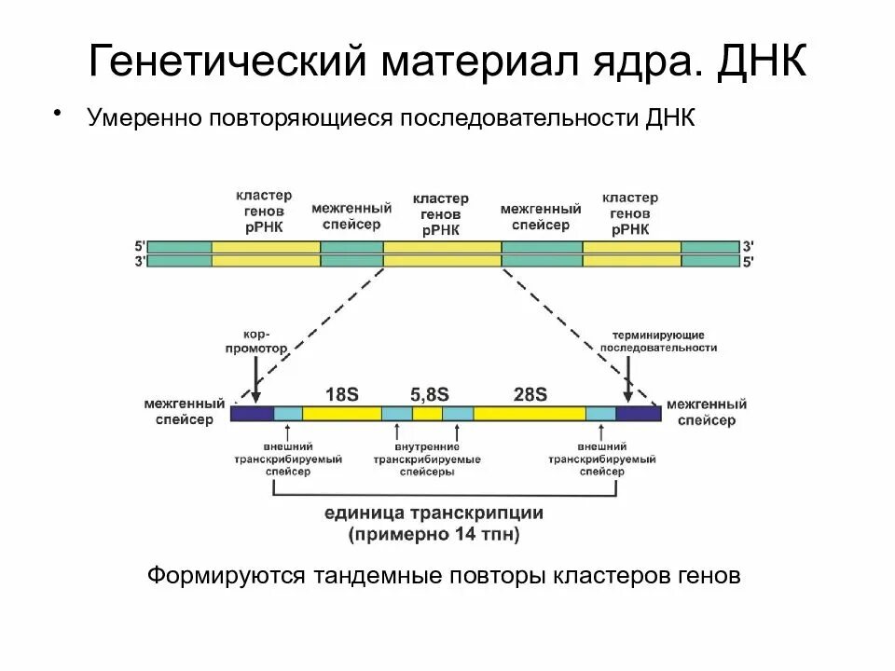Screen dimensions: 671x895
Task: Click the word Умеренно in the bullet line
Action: pyautogui.click(x=144, y=120)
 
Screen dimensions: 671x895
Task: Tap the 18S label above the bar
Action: pyautogui.click(x=341, y=393)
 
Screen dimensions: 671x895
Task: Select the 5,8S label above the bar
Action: pyautogui.click(x=430, y=393)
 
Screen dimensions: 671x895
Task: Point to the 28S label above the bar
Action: pyautogui.click(x=530, y=393)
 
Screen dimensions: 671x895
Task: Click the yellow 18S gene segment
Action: pyautogui.click(x=341, y=414)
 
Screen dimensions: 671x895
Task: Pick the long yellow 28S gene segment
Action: pyautogui.click(x=530, y=414)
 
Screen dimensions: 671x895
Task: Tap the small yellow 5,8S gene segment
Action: pyautogui.click(x=427, y=414)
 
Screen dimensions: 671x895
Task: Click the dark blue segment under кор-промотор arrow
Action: pyautogui.click(x=252, y=414)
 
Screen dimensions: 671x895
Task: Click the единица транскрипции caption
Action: pyautogui.click(x=434, y=514)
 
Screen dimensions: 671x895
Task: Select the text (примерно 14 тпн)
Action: pyautogui.click(x=434, y=535)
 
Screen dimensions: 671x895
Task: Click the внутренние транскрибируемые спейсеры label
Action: pyautogui.click(x=428, y=459)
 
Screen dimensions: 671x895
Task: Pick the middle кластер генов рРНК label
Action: pyautogui.click(x=440, y=214)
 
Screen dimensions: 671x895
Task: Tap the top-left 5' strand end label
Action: pyautogui.click(x=140, y=246)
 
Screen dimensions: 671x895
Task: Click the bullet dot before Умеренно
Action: pyautogui.click(x=59, y=114)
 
